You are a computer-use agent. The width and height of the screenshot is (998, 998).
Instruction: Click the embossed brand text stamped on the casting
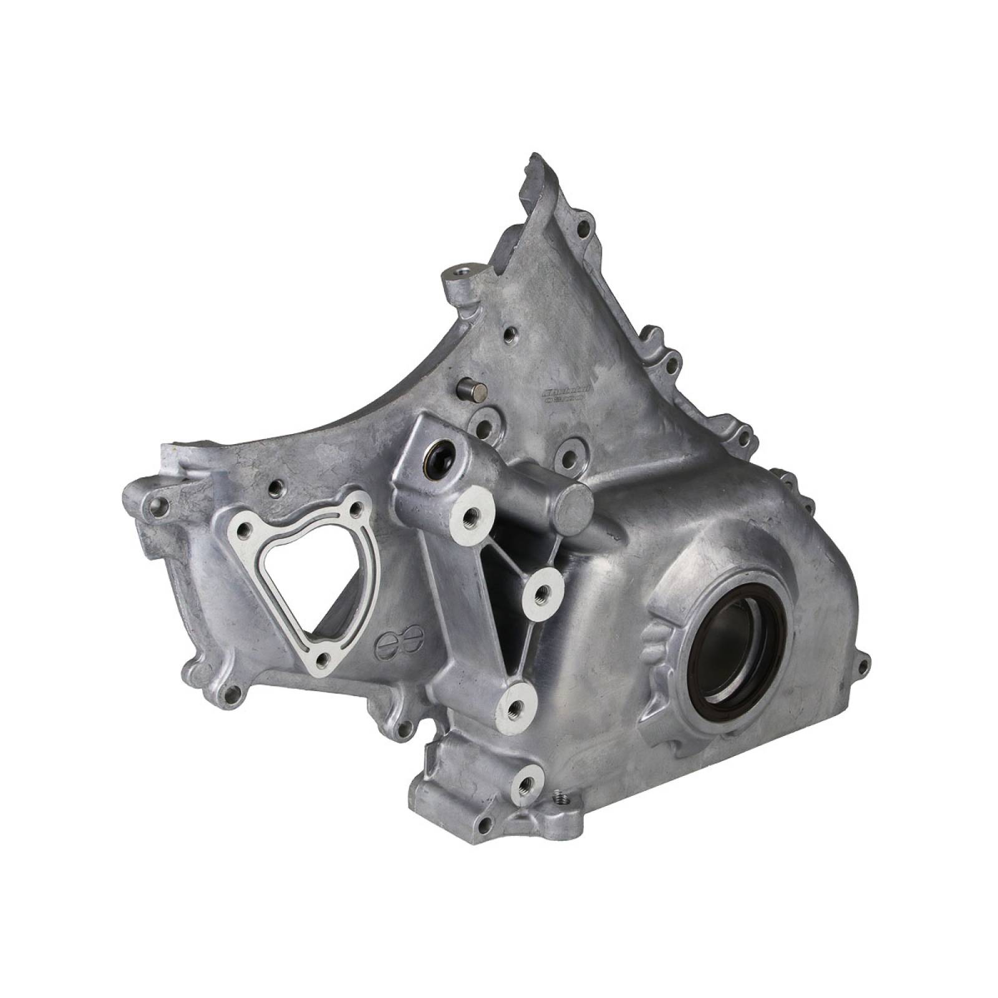pos(564,394)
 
